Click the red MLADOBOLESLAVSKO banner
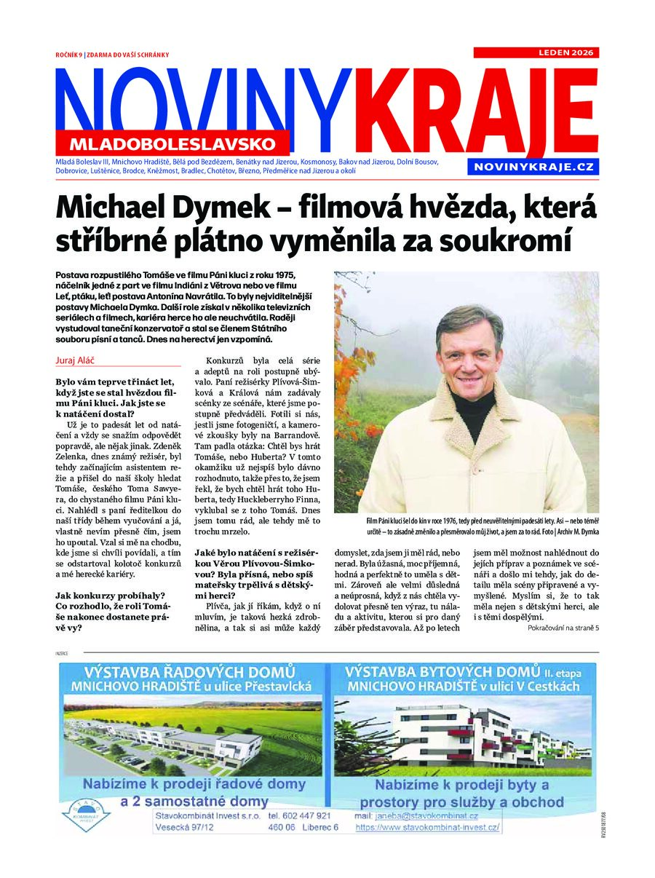coord(173,143)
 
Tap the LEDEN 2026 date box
coord(536,52)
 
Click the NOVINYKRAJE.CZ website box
coord(533,167)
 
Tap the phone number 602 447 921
coord(299,815)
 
